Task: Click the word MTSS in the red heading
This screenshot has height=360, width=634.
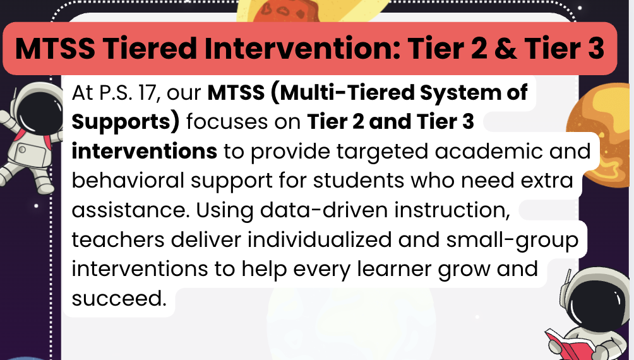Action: [x=55, y=49]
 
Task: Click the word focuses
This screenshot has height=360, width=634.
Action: [x=227, y=122]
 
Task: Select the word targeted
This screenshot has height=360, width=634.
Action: [x=382, y=152]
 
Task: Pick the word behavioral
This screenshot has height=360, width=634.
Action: [x=128, y=181]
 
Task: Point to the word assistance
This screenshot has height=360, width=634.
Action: [x=131, y=210]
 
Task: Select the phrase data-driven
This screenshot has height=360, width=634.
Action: [x=324, y=210]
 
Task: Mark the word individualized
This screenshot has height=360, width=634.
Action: [x=320, y=239]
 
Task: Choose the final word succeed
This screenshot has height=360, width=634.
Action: [x=119, y=299]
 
